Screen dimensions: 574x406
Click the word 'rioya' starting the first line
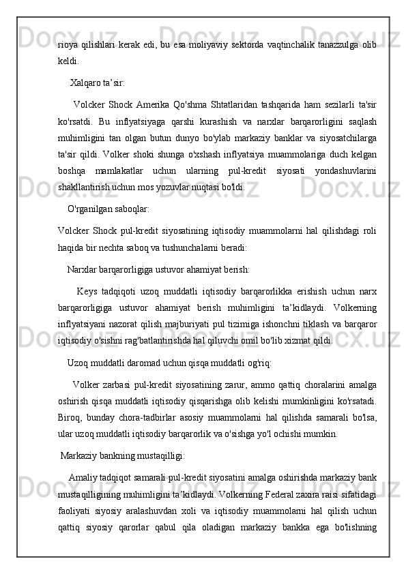[68, 45]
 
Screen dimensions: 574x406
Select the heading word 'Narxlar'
[83, 250]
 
